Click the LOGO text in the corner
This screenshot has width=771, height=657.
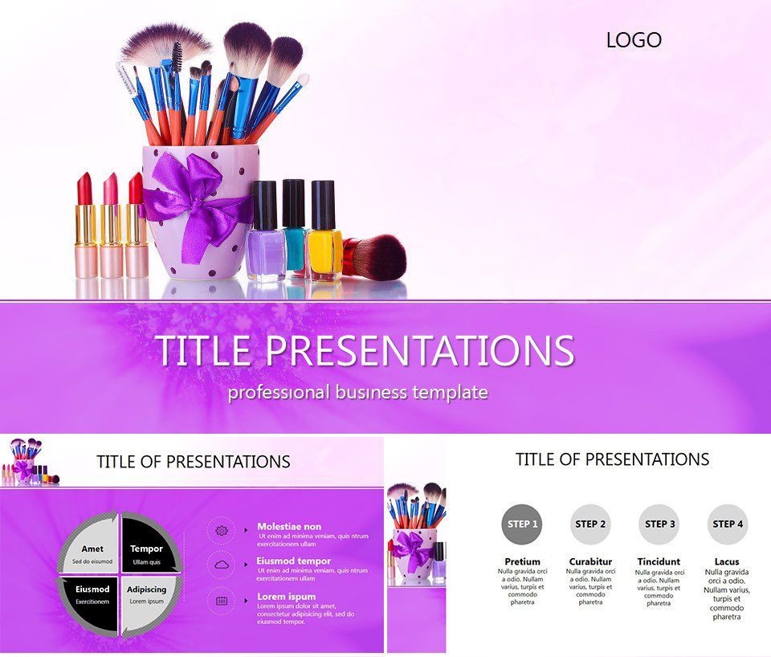pyautogui.click(x=634, y=39)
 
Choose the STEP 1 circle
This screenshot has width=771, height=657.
pyautogui.click(x=521, y=524)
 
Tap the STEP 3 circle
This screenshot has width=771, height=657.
pyautogui.click(x=659, y=524)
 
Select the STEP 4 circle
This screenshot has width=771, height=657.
pyautogui.click(x=728, y=524)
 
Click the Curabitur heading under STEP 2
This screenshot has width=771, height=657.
pyautogui.click(x=590, y=561)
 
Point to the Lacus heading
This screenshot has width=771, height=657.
pyautogui.click(x=727, y=561)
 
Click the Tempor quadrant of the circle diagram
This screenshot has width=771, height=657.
pyautogui.click(x=147, y=549)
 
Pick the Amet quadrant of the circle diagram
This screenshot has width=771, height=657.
pyautogui.click(x=92, y=549)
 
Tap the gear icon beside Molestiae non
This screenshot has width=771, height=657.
pyautogui.click(x=222, y=530)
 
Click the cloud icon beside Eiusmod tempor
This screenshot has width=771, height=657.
pyautogui.click(x=222, y=565)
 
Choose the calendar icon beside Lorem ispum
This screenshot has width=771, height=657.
pyautogui.click(x=222, y=600)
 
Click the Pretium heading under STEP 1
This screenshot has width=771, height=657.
pyautogui.click(x=522, y=561)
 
